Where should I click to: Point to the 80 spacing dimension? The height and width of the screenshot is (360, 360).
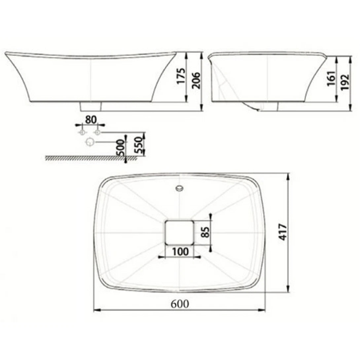(x=90, y=120)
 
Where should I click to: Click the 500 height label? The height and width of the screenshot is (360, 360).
(x=121, y=147)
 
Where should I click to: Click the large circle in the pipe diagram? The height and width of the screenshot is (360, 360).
(x=90, y=142)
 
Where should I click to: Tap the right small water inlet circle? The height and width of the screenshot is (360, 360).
(x=97, y=132)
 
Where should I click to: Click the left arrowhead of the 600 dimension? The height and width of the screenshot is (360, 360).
(x=96, y=310)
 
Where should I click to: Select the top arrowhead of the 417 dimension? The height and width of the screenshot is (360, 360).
(x=289, y=175)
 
